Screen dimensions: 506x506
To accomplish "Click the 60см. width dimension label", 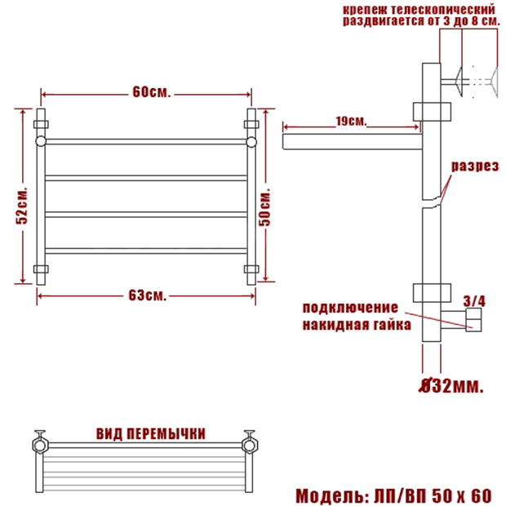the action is [151, 92].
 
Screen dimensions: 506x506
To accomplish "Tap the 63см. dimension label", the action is [148, 295].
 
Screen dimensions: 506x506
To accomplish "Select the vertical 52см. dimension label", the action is [22, 206].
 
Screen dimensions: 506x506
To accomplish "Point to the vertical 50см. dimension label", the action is [264, 207].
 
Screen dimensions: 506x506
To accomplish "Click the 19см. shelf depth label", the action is [351, 122].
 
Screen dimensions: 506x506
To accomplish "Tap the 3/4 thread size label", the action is [474, 301].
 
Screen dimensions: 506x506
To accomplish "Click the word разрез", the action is [475, 166].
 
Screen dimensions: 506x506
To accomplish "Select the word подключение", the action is [350, 308].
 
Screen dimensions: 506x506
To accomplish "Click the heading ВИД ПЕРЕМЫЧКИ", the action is [151, 434].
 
